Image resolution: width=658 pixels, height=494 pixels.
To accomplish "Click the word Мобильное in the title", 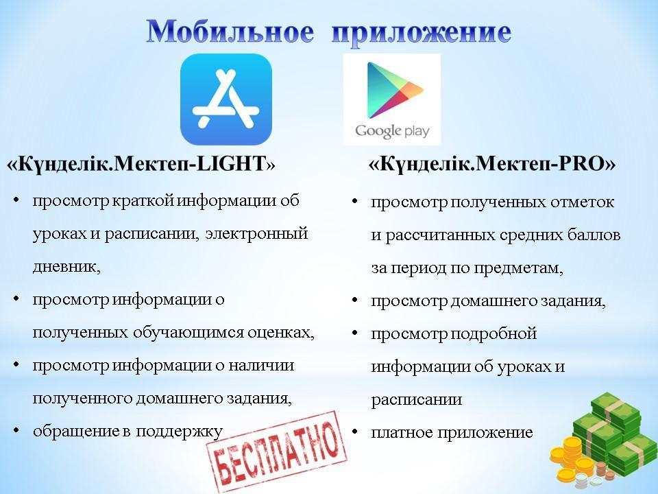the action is [x=230, y=31].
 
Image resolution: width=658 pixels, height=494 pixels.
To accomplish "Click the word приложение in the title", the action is [x=422, y=34].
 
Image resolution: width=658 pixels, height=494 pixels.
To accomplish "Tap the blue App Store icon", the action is [x=226, y=99].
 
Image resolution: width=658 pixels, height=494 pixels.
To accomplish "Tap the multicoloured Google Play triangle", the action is [x=395, y=90].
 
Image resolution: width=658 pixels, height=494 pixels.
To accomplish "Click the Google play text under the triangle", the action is [x=392, y=131].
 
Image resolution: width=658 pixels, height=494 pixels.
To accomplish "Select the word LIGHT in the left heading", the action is [x=231, y=163].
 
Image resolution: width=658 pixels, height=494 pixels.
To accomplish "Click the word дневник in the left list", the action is [x=64, y=266].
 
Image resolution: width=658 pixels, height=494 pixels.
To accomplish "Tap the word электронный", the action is [x=257, y=233].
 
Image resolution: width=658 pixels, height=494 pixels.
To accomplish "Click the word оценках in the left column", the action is [x=279, y=333].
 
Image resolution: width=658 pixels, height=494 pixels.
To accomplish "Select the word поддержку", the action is [x=179, y=432].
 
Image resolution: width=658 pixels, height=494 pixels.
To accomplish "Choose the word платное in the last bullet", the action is [x=402, y=432].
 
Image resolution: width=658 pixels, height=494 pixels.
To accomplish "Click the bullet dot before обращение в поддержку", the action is [x=16, y=431].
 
